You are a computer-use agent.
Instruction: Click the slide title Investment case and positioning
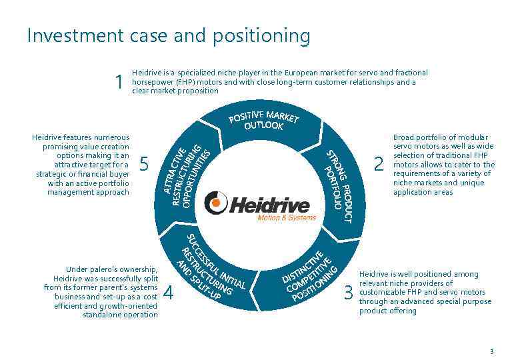(x=168, y=35)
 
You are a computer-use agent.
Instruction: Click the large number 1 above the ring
(x=119, y=82)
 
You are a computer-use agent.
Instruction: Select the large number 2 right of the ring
(x=379, y=164)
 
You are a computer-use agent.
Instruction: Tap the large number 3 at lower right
(x=348, y=293)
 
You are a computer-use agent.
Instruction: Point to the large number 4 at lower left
(x=168, y=293)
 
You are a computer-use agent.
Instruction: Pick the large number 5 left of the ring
(x=144, y=164)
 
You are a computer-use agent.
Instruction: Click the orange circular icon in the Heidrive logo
(x=215, y=203)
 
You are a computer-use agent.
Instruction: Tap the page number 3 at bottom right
(x=491, y=351)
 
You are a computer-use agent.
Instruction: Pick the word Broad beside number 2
(x=403, y=137)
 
